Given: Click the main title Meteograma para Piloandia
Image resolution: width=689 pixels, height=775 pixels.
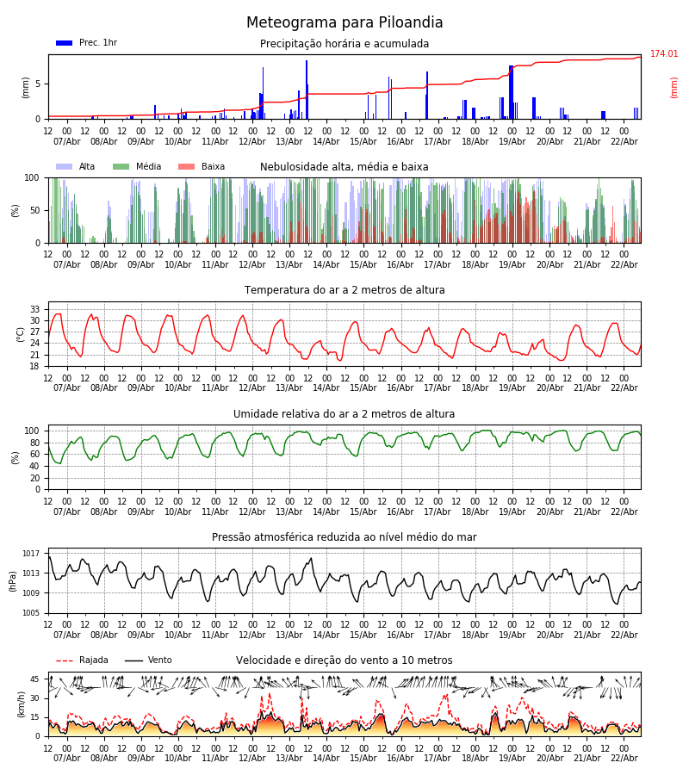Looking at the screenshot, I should pyautogui.click(x=344, y=23).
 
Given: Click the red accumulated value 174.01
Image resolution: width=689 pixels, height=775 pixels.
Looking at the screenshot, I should pyautogui.click(x=664, y=54).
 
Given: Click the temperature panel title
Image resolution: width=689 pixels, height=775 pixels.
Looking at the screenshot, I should pyautogui.click(x=344, y=290).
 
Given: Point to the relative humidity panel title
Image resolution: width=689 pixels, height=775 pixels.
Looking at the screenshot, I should pyautogui.click(x=344, y=414).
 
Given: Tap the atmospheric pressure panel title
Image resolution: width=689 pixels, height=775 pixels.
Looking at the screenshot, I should pyautogui.click(x=344, y=537).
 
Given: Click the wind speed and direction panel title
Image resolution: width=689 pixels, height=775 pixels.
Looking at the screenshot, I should pyautogui.click(x=344, y=660).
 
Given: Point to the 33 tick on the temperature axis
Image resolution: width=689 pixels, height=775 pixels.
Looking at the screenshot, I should pyautogui.click(x=35, y=309).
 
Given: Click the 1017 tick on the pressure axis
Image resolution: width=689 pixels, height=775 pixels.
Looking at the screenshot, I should pyautogui.click(x=32, y=554).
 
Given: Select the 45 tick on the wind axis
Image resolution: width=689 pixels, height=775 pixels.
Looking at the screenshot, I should pyautogui.click(x=35, y=679).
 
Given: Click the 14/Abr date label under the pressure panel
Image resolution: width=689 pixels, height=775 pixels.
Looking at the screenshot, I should pyautogui.click(x=326, y=635).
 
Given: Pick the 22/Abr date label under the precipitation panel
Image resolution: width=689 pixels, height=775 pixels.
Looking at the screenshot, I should pyautogui.click(x=624, y=141).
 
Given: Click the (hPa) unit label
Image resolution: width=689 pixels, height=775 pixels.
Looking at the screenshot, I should pyautogui.click(x=13, y=580).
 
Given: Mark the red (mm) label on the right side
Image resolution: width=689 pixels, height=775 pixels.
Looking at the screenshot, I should pyautogui.click(x=674, y=87).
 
